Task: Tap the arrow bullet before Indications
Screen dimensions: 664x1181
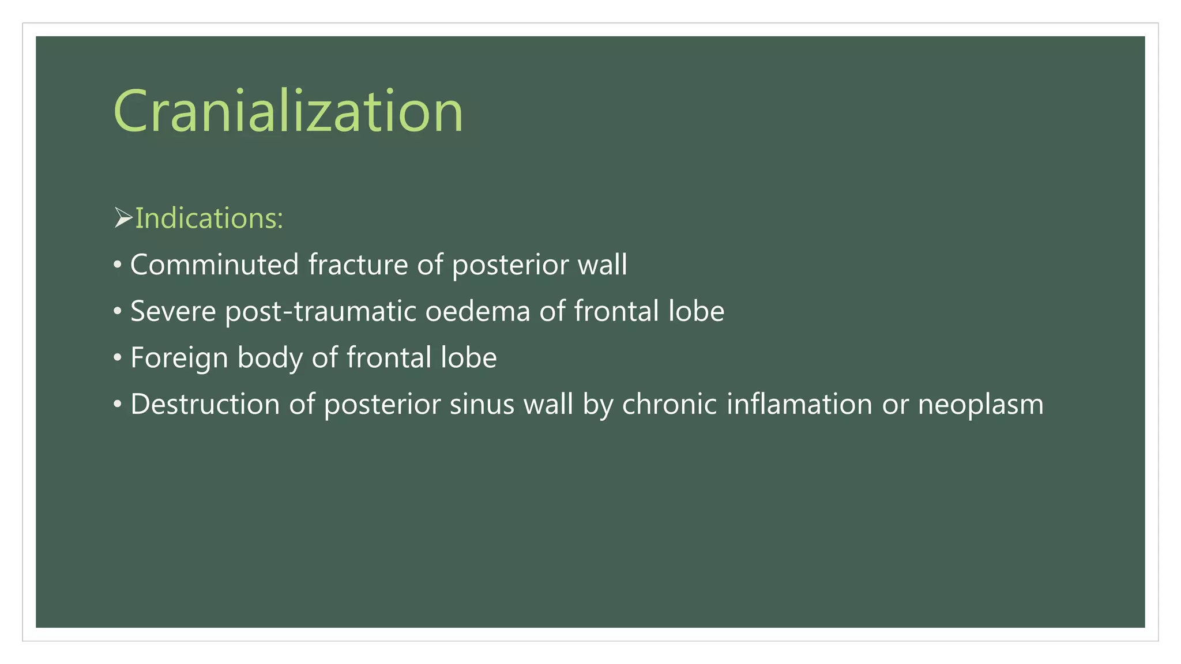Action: pyautogui.click(x=123, y=218)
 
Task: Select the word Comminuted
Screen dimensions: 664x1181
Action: pyautogui.click(x=214, y=265)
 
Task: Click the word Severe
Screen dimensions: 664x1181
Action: pyautogui.click(x=173, y=311)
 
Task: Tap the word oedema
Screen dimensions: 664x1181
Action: pyautogui.click(x=477, y=311)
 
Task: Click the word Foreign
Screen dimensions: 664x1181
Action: pyautogui.click(x=179, y=357)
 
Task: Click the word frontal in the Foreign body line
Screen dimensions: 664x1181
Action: pyautogui.click(x=389, y=357)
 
